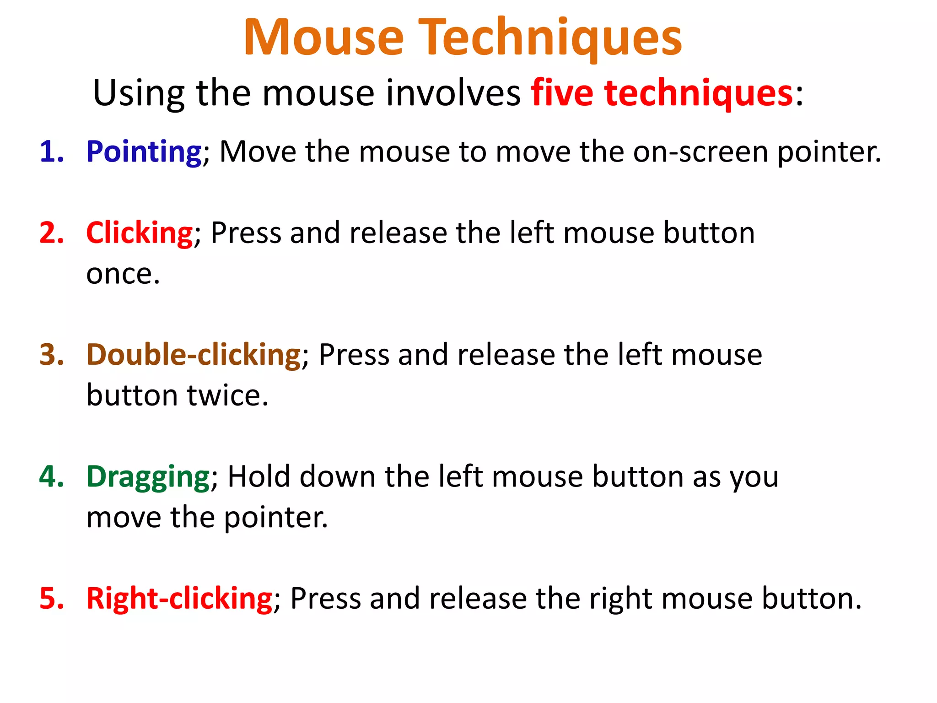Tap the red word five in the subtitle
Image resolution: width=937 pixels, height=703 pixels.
pyautogui.click(x=562, y=93)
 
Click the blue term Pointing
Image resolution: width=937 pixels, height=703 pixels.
pyautogui.click(x=144, y=152)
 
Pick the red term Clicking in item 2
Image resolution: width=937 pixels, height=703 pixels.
pyautogui.click(x=139, y=233)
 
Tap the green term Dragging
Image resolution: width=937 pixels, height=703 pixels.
pyautogui.click(x=148, y=477)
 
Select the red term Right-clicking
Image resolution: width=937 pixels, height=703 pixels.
pyautogui.click(x=179, y=598)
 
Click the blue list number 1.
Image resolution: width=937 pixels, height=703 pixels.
pyautogui.click(x=51, y=152)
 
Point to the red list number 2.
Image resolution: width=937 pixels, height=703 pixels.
pyautogui.click(x=51, y=233)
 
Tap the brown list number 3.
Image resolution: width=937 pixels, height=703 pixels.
pyautogui.click(x=51, y=355)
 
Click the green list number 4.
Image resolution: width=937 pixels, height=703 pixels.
pyautogui.click(x=51, y=476)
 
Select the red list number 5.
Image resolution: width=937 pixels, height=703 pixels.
pyautogui.click(x=51, y=598)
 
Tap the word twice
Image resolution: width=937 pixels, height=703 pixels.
pyautogui.click(x=227, y=395)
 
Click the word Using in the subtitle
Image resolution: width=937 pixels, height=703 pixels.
pyautogui.click(x=139, y=93)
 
